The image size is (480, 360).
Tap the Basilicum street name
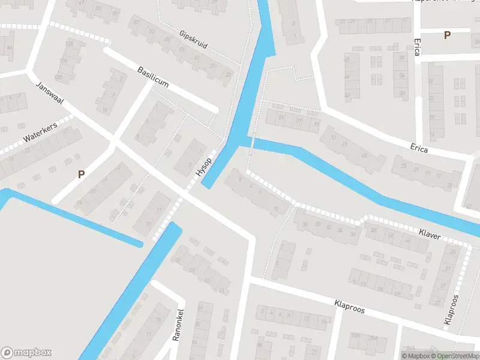coord(153,77)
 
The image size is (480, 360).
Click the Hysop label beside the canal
coord(203,166)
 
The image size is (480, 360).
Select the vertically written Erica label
coord(417,48)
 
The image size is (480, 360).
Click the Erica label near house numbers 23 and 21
coord(419,148)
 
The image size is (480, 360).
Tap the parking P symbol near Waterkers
coord(81,175)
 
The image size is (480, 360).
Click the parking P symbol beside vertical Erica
coord(447,35)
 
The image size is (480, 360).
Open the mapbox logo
coord(26,353)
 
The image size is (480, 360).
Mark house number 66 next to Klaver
coord(408,241)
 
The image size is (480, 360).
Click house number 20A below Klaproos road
coord(373,338)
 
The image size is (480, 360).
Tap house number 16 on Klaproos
coord(324,322)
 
